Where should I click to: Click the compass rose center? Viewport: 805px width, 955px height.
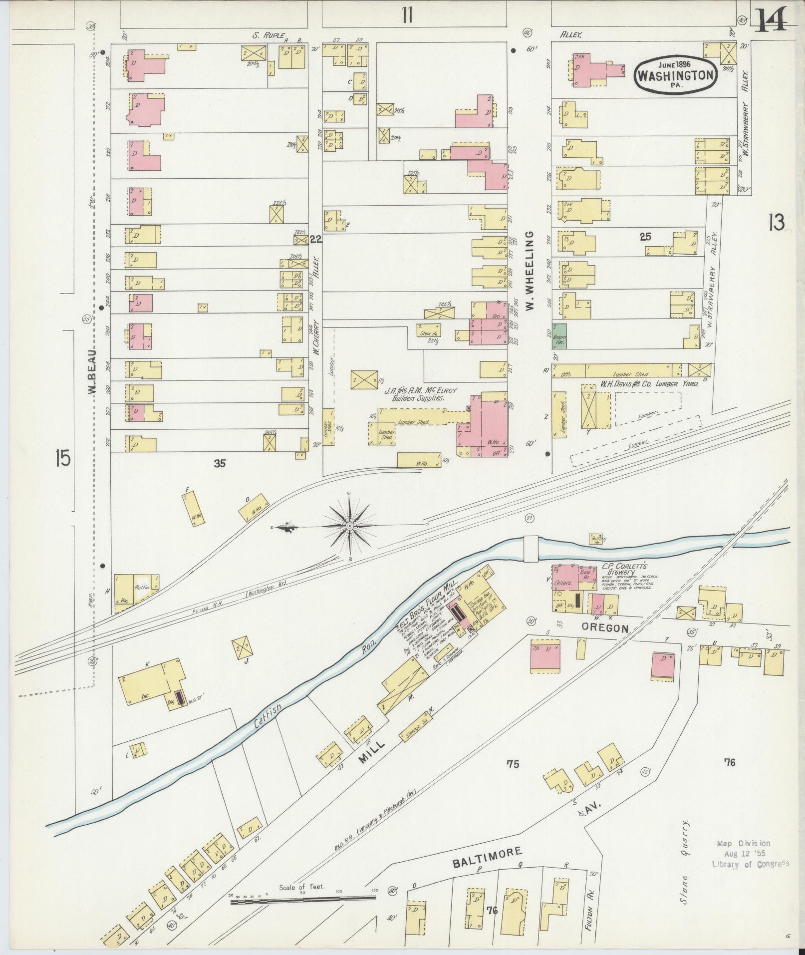[x=350, y=526]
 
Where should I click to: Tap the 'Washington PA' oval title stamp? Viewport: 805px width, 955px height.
[x=676, y=74]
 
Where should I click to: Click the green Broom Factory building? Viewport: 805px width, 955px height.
[x=559, y=336]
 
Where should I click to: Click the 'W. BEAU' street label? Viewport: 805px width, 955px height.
[x=93, y=371]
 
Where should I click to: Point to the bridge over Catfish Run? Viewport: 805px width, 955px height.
[x=531, y=548]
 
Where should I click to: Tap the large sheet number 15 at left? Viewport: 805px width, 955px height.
[x=63, y=458]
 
